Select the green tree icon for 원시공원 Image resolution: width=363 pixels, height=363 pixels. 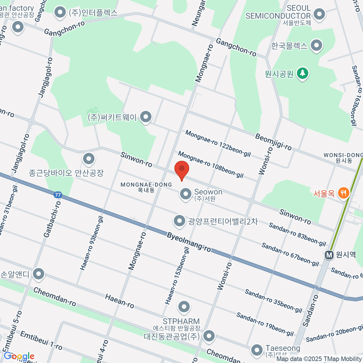pyautogui.click(x=302, y=73)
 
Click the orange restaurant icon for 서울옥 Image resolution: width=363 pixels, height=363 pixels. pyautogui.click(x=343, y=193)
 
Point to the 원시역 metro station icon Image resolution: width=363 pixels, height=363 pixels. pyautogui.click(x=329, y=255)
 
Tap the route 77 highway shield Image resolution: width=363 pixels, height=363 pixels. pyautogui.click(x=57, y=195)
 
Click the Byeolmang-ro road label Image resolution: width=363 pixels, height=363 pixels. pyautogui.click(x=189, y=242)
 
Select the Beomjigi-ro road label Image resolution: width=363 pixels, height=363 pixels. pyautogui.click(x=273, y=142)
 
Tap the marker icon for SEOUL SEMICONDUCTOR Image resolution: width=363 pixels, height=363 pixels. pyautogui.click(x=319, y=14)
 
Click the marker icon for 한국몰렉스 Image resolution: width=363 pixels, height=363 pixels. pyautogui.click(x=316, y=46)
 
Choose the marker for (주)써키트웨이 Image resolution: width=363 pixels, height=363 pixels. pyautogui.click(x=146, y=117)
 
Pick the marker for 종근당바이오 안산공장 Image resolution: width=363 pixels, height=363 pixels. pyautogui.click(x=89, y=159)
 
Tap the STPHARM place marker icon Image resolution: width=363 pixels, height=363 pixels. pyautogui.click(x=184, y=307)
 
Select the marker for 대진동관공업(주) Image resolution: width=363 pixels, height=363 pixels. pyautogui.click(x=209, y=336)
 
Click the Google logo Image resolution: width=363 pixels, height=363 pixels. pyautogui.click(x=19, y=356)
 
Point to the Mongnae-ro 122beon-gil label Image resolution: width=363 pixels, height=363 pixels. pyautogui.click(x=218, y=143)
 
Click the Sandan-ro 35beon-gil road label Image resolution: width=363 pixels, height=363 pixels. pyautogui.click(x=273, y=301)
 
